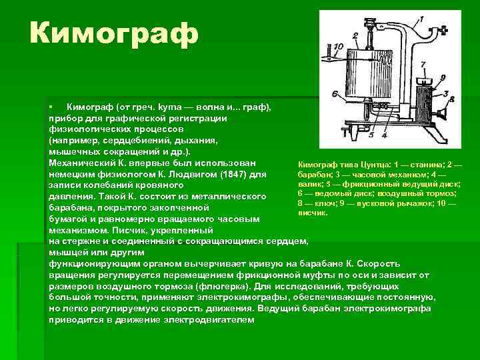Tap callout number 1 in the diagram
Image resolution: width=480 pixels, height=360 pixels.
coord(423,21)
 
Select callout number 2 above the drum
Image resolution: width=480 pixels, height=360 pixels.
coord(356,35)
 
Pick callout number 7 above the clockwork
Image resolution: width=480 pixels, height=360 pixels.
coord(423,65)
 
